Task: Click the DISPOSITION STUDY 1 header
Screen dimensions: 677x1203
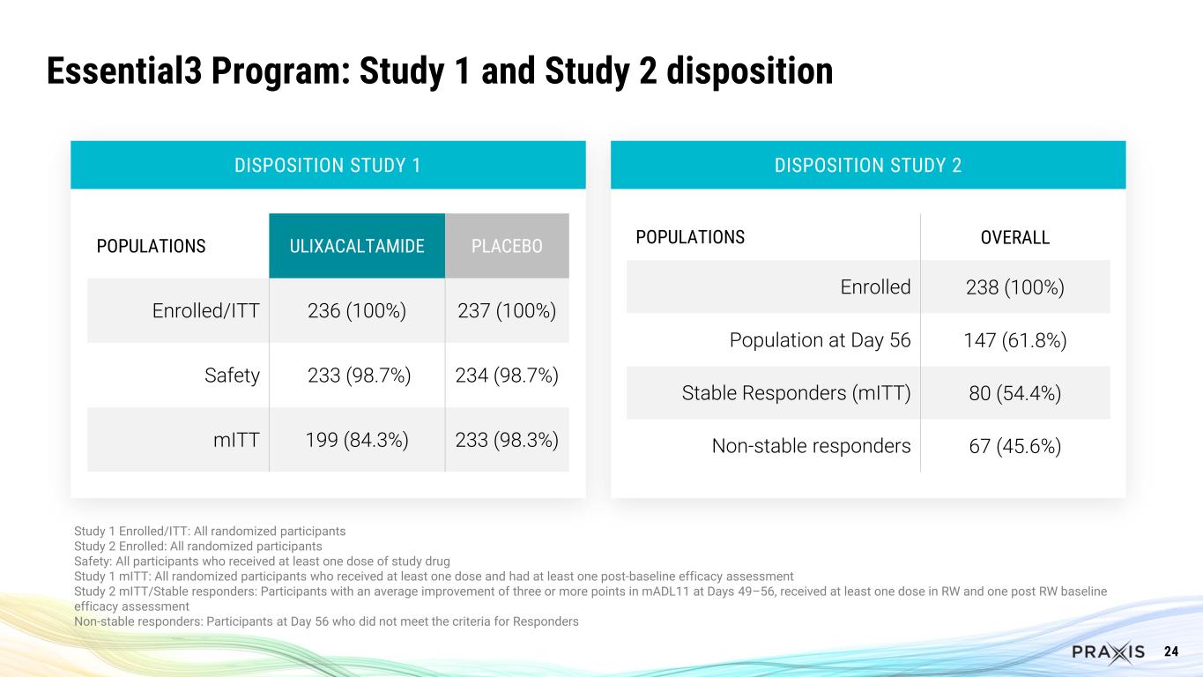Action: point(328,165)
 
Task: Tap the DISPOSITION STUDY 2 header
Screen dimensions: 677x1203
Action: point(867,165)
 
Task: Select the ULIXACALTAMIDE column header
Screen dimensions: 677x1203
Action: point(357,246)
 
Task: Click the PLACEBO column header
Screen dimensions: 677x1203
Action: point(507,246)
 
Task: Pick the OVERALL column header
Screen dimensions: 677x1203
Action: point(1014,238)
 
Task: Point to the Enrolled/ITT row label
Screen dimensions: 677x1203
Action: point(205,311)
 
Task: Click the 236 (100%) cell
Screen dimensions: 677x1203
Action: point(357,311)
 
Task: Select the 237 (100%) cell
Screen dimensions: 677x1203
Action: point(507,311)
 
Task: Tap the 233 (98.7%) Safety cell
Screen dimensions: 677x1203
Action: point(357,376)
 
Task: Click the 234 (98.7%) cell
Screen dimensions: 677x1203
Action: point(507,376)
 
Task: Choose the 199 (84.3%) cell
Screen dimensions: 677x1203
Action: point(357,440)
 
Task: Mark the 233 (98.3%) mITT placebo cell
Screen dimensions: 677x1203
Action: point(507,440)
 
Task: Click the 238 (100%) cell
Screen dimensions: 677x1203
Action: point(1014,287)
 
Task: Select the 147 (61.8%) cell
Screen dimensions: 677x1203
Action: point(1014,340)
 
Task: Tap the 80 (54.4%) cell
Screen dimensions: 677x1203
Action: point(1014,393)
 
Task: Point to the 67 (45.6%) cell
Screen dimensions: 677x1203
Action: point(1014,446)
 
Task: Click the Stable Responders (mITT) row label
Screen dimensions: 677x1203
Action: point(796,393)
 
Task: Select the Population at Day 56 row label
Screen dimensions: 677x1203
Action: point(820,340)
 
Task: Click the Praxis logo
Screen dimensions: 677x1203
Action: point(1108,651)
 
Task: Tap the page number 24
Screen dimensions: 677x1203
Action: point(1171,651)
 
